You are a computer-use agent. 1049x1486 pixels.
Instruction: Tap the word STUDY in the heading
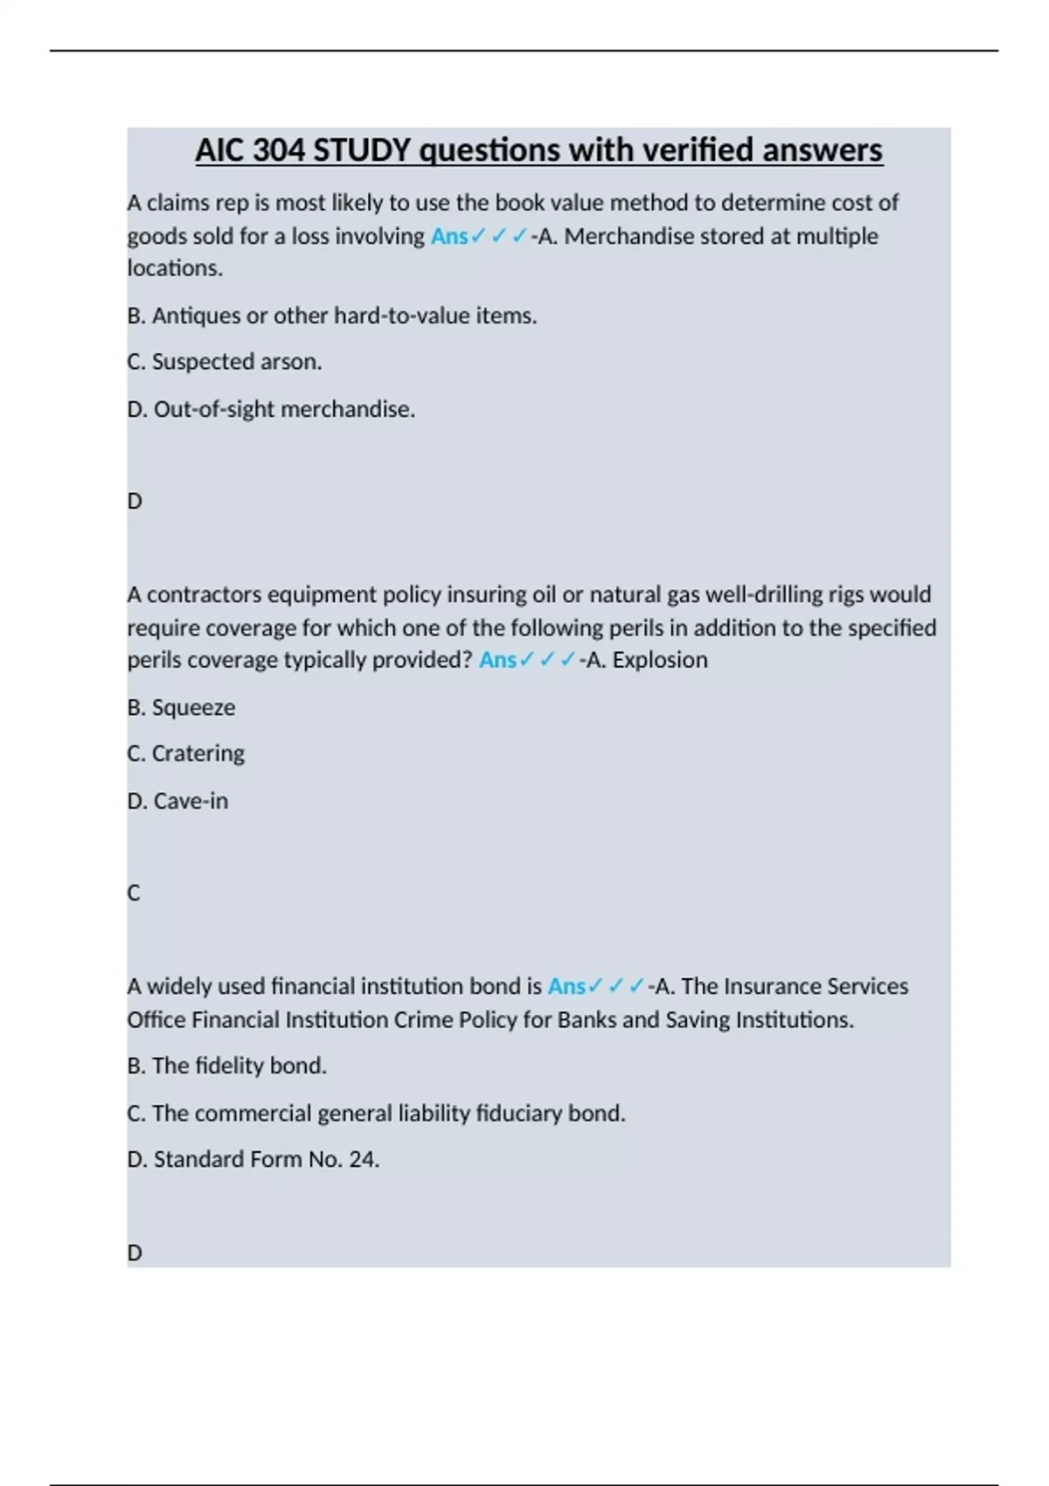362,150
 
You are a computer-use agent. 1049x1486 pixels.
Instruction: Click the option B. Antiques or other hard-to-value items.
331,316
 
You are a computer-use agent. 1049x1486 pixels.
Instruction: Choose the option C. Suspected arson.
224,362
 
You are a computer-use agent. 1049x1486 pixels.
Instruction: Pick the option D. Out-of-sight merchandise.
270,409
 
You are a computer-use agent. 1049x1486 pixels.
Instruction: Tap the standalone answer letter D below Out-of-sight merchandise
135,501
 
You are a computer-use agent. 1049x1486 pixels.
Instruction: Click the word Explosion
660,660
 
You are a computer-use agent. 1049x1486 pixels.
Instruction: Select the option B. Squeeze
181,707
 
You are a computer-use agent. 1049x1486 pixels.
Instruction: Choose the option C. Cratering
185,753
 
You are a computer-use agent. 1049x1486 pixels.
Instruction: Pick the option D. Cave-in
177,801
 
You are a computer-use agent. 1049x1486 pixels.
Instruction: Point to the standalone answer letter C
134,892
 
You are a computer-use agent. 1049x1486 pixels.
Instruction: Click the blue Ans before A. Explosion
497,660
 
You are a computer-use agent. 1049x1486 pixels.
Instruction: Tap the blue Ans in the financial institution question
566,986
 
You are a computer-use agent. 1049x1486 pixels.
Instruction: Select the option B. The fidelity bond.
226,1066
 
